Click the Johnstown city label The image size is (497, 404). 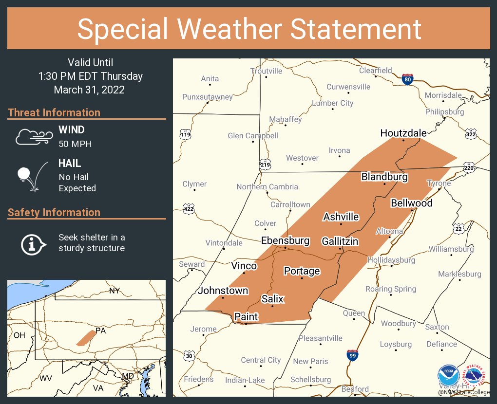pos(223,291)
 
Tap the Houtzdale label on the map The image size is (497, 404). pos(403,133)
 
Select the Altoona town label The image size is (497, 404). pos(389,231)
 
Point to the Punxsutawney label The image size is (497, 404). pos(207,97)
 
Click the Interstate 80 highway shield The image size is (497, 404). pos(408,79)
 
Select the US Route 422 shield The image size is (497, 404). pos(189,209)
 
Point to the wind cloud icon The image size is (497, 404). pos(34,137)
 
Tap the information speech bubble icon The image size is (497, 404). pos(33,243)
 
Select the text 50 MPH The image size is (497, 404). pos(75,144)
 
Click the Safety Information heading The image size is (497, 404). pos(54,212)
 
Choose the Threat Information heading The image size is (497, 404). pos(54,112)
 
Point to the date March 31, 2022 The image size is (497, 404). pos(89,90)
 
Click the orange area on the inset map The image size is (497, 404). pos(86,338)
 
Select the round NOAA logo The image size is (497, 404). pos(448,376)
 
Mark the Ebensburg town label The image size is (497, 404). pos(285,240)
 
